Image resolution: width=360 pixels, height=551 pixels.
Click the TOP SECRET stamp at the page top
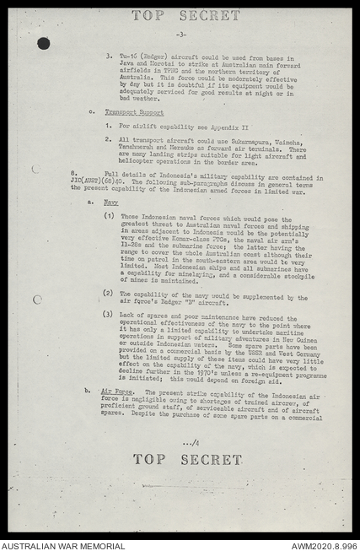pos(185,15)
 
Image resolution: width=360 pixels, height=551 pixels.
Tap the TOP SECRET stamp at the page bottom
pos(186,460)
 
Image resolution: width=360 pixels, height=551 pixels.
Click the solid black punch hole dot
pos(43,43)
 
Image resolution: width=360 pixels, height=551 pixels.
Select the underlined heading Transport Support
pos(134,111)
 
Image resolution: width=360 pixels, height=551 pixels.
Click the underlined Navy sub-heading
pos(111,203)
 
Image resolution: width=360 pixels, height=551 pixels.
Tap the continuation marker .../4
pos(191,442)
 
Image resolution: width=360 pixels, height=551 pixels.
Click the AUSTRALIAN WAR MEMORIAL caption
pos(62,545)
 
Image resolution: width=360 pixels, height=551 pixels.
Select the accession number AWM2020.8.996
pos(323,545)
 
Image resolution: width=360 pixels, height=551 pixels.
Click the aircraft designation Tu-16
pos(125,57)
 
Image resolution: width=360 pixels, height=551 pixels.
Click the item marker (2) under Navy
pos(108,293)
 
